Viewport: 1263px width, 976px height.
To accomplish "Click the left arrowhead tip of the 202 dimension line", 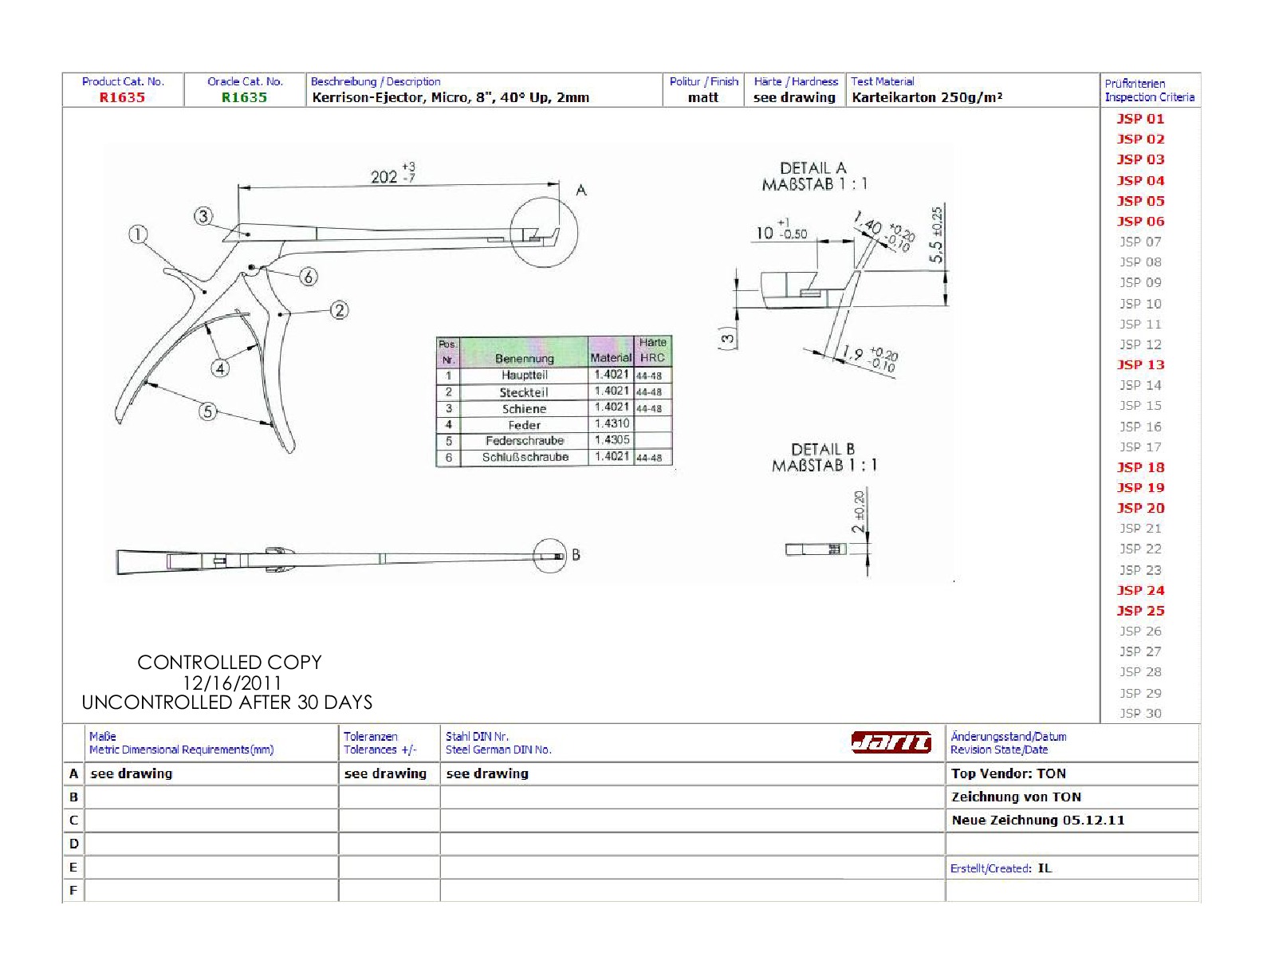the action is pos(239,187).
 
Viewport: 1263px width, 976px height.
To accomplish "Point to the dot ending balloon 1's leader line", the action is pos(205,292).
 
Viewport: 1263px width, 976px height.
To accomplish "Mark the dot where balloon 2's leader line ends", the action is pos(280,314).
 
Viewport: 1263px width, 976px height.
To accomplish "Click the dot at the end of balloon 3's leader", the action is pos(248,235).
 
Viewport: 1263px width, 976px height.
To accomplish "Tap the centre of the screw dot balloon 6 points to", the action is pos(252,267).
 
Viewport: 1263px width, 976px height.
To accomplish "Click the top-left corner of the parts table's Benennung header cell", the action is pos(461,336).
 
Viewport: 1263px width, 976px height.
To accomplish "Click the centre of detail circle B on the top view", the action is pos(550,556).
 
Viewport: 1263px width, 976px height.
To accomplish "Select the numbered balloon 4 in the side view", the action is pos(220,368).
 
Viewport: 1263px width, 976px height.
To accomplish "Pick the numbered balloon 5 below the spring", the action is pos(208,411).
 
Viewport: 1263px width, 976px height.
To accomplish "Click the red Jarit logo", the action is pos(891,742).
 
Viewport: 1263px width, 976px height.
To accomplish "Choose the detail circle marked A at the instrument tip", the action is pos(544,232).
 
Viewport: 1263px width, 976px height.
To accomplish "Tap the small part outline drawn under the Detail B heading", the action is pos(816,549).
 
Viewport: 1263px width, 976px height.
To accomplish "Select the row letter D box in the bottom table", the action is pos(74,844).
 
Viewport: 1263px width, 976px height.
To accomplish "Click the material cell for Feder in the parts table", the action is pos(611,423).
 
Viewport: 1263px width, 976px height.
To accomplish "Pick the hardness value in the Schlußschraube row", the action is pos(649,458).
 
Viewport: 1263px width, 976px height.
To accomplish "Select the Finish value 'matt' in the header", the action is pos(703,97).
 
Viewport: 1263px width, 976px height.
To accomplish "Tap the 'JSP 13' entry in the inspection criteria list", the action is pos(1140,364).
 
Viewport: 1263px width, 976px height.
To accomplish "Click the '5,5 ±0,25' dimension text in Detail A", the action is pos(936,235).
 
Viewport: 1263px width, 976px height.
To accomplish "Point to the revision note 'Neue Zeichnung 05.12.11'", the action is pos(1038,821).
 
